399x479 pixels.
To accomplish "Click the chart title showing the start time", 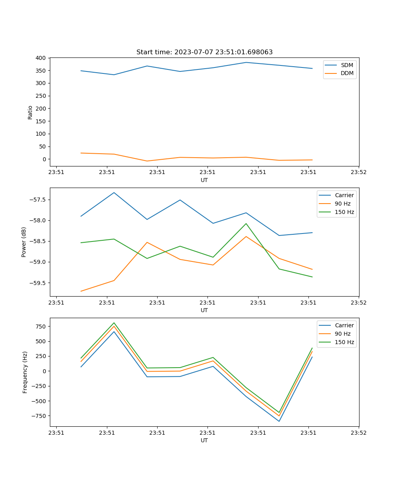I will (204, 52).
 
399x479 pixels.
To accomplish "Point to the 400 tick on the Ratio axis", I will (41, 58).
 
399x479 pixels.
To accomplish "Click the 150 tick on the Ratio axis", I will (41, 121).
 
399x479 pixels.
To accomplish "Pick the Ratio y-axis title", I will (30, 112).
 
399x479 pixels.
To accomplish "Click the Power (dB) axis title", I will (24, 242).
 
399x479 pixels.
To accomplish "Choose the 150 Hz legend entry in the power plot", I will (344, 212).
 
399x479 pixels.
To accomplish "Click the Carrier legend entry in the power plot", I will (344, 195).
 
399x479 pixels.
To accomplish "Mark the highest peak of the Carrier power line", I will (114, 193).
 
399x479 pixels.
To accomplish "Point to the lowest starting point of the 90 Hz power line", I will (81, 291).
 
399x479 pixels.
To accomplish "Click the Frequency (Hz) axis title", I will (25, 372).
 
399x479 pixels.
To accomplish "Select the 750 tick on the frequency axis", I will (41, 326).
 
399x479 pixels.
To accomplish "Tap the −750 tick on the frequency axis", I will (40, 416).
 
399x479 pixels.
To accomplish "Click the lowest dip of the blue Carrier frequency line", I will (279, 421).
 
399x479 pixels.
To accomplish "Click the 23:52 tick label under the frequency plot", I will (358, 432).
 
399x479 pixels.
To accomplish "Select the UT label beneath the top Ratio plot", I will (204, 180).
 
